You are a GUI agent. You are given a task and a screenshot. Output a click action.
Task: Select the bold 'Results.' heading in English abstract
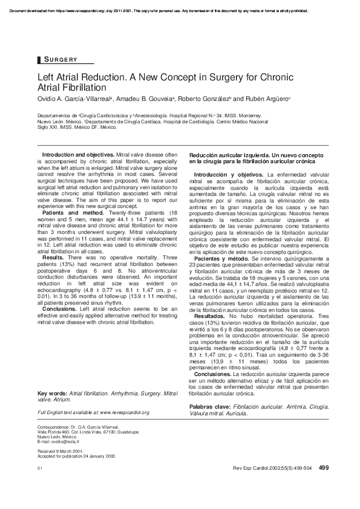click(53, 257)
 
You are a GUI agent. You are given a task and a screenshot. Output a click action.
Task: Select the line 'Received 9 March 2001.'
click(61, 451)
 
